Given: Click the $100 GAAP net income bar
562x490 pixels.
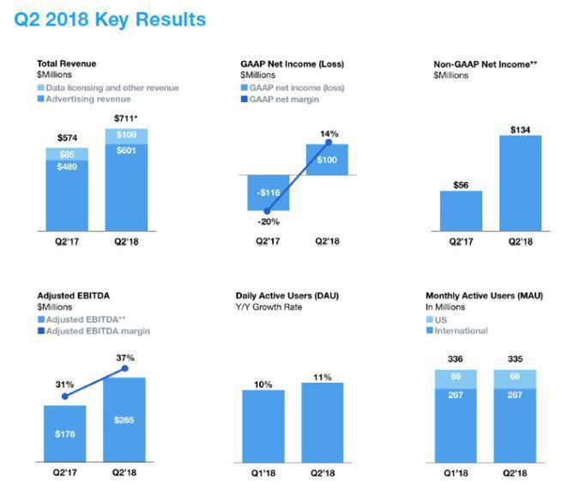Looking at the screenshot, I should point(326,160).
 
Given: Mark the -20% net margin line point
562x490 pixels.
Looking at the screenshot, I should point(266,210).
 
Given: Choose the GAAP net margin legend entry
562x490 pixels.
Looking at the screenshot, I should point(283,100).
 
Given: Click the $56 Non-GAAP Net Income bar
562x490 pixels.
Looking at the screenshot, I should point(461,211).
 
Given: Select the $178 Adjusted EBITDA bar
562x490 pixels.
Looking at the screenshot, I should point(65,433).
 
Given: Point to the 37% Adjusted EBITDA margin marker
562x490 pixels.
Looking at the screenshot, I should point(125,369).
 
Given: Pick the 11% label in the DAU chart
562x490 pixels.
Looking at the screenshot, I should point(323,377).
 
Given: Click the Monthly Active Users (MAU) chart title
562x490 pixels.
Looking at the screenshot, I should point(484,296).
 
